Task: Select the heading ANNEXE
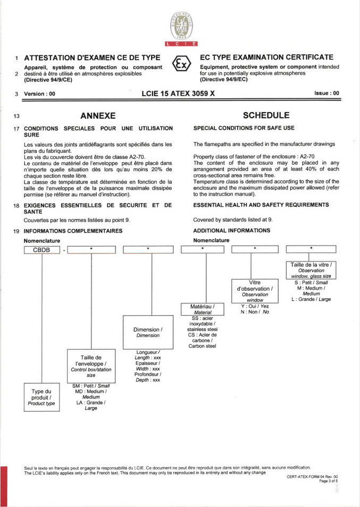click(x=98, y=115)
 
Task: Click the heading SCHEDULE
click(x=266, y=115)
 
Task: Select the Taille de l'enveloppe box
click(x=90, y=366)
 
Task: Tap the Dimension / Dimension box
click(x=148, y=332)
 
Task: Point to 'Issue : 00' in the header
click(x=326, y=93)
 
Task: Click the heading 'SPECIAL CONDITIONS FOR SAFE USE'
click(x=244, y=128)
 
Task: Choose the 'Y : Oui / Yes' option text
click(x=255, y=306)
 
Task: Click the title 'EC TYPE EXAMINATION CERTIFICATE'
click(x=266, y=57)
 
